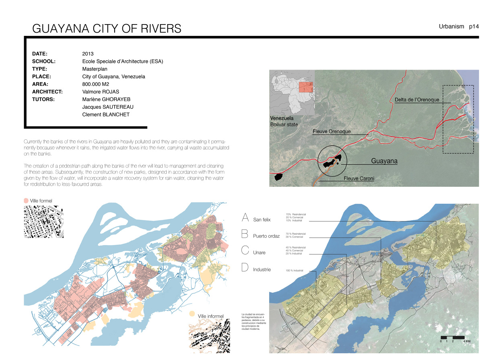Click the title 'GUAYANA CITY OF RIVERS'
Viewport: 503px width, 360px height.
click(107, 29)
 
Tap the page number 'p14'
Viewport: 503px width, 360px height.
click(473, 27)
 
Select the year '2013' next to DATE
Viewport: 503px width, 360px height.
click(88, 54)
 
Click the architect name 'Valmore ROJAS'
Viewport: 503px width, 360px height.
click(101, 92)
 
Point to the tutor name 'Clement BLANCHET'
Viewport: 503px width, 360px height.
click(106, 115)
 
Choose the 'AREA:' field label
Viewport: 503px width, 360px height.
click(41, 84)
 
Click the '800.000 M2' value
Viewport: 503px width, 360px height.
click(97, 84)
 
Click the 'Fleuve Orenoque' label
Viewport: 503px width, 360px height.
click(332, 132)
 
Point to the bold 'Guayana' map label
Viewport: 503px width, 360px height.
click(384, 161)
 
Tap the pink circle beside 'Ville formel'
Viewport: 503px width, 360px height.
click(27, 201)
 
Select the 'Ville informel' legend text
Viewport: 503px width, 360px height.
click(210, 316)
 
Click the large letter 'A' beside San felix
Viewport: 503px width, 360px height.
click(245, 218)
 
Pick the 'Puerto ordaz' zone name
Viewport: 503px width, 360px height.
click(266, 236)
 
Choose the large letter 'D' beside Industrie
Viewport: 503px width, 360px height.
click(245, 268)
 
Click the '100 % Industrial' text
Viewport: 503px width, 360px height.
click(295, 271)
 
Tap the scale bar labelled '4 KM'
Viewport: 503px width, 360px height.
click(453, 337)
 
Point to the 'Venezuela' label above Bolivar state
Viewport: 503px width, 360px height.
click(282, 118)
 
